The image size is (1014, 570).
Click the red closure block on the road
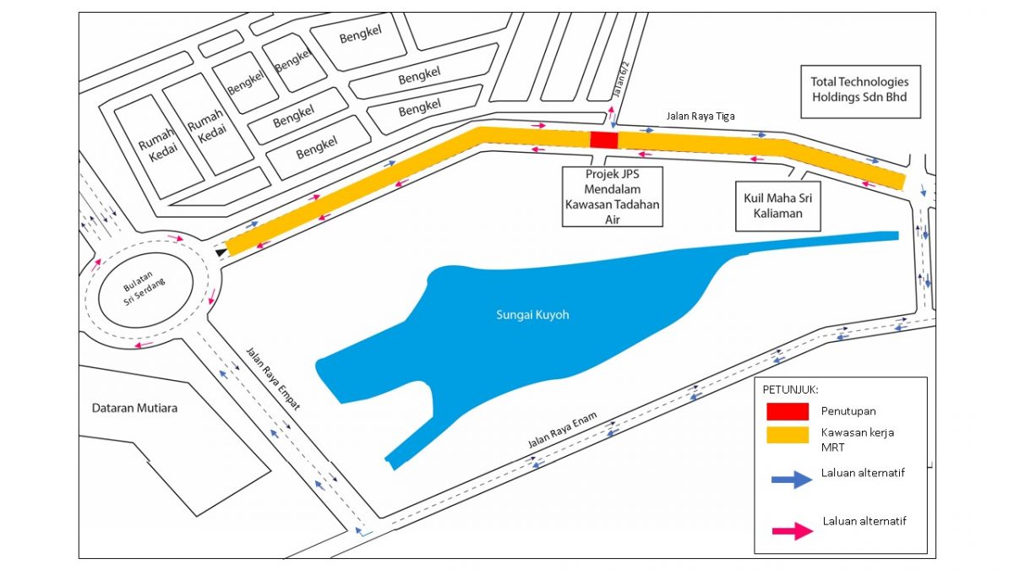[603, 140]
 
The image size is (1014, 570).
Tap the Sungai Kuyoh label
[532, 315]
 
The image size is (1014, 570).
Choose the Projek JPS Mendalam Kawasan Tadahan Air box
[613, 197]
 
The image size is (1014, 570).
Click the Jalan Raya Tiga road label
[701, 117]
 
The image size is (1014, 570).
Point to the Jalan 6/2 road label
[623, 79]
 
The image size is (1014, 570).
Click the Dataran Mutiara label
[134, 408]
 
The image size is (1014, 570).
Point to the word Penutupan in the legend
[848, 411]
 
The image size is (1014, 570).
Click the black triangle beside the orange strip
[221, 252]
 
